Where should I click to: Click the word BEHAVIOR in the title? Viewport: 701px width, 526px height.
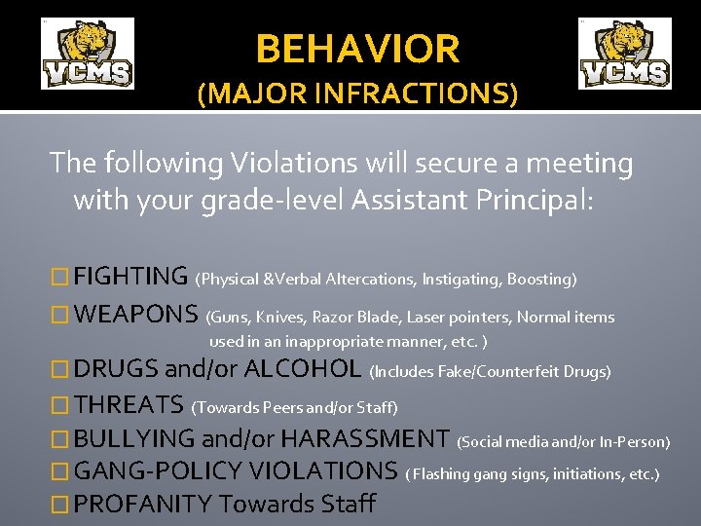[x=357, y=48]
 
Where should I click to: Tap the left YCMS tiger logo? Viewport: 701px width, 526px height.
[x=87, y=54]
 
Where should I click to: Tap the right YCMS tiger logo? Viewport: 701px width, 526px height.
[x=624, y=54]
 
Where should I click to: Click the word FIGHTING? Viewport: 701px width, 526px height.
[x=130, y=278]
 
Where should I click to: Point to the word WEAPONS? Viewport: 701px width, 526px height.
[x=136, y=316]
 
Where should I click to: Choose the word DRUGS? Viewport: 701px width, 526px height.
[x=116, y=369]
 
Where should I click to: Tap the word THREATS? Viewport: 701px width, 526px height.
[x=129, y=404]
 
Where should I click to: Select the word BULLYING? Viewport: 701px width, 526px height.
[x=134, y=439]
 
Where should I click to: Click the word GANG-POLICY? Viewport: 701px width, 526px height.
[x=159, y=471]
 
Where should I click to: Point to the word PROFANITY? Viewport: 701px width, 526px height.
[x=143, y=505]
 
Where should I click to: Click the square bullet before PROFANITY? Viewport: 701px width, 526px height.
[x=60, y=505]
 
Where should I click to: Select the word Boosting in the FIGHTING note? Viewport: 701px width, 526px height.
[x=541, y=280]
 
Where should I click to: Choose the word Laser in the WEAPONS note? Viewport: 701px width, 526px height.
[x=425, y=317]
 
